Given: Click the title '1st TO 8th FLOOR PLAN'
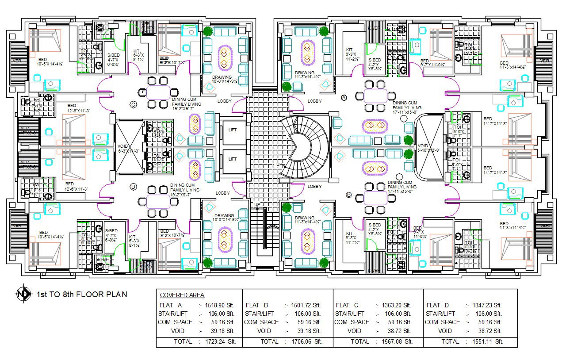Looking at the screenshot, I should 81,295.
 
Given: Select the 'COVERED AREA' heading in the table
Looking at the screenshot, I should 182,295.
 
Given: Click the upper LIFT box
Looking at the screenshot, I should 233,130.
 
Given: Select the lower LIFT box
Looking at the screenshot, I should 233,159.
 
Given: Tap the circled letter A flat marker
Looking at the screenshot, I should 344,98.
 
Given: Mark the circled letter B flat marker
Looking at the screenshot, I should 349,195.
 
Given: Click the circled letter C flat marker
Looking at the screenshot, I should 133,104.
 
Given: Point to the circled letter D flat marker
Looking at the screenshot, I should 133,187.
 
